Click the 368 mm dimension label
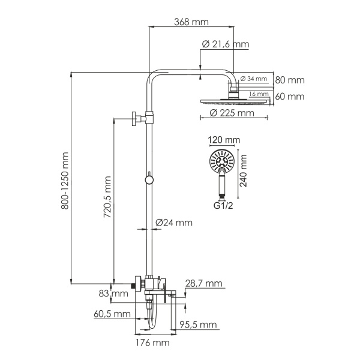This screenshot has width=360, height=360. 190,22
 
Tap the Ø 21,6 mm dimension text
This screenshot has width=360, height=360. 225,44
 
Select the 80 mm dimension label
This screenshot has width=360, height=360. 290,80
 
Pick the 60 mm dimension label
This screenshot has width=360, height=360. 290,96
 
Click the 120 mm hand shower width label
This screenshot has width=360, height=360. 223,140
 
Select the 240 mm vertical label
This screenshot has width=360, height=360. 244,171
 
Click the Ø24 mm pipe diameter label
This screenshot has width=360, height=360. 174,223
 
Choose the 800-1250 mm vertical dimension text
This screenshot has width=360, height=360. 65,180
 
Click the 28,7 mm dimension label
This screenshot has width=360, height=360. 204,283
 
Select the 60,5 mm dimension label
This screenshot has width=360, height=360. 112,314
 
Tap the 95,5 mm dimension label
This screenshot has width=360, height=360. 198,325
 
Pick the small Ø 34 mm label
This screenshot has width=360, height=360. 254,79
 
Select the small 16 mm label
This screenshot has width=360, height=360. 259,94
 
